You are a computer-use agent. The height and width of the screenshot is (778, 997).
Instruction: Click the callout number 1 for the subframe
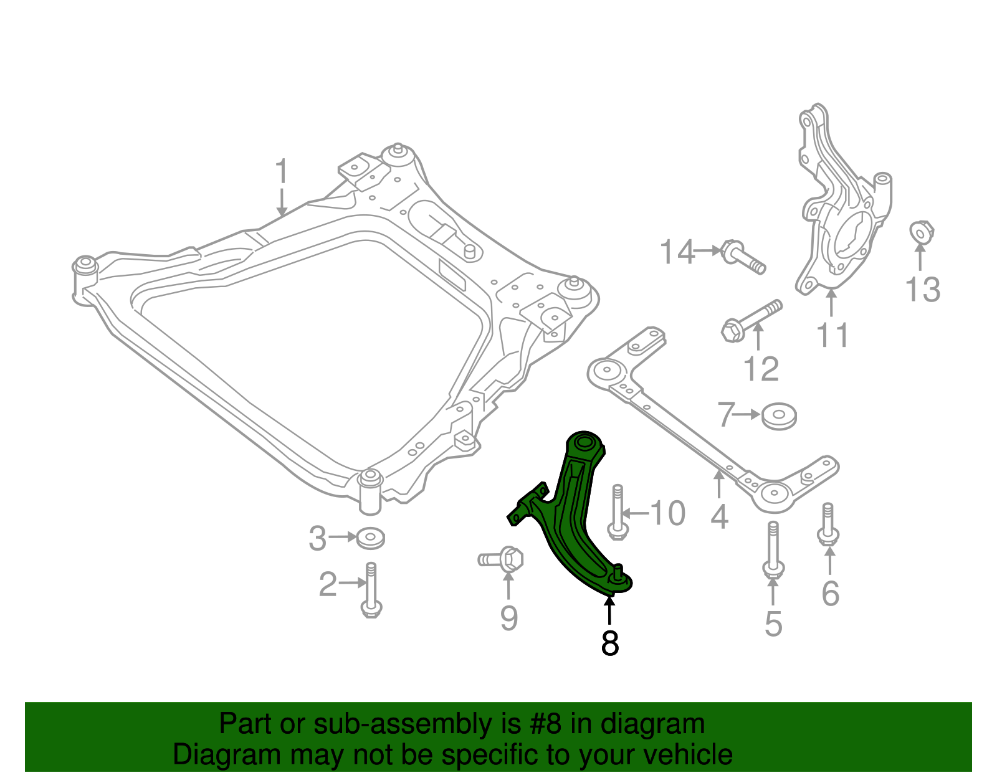[282, 171]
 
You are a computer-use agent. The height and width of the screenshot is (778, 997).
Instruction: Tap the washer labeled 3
[370, 538]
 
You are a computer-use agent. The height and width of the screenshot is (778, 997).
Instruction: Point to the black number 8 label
[609, 643]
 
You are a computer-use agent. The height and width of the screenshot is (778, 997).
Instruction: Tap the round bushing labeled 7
[779, 415]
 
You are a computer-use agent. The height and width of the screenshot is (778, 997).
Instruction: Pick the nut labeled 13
[920, 232]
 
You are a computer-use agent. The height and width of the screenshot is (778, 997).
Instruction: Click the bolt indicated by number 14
[742, 257]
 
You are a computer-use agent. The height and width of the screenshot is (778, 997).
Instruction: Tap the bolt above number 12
[751, 320]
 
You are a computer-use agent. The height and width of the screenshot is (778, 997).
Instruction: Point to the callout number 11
[832, 336]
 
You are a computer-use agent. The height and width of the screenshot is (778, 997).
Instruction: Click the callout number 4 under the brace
[719, 516]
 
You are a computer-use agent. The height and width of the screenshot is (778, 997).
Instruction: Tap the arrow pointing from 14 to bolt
[708, 250]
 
